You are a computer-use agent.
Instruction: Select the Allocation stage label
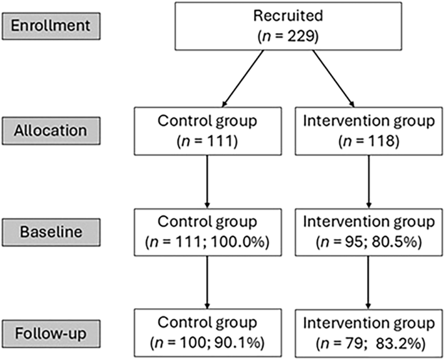click(x=47, y=130)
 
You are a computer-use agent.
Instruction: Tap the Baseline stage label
click(x=47, y=232)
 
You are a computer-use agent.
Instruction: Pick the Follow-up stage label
click(x=47, y=333)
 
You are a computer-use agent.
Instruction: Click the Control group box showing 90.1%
click(x=206, y=334)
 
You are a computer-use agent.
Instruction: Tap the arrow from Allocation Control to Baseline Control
click(x=206, y=182)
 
